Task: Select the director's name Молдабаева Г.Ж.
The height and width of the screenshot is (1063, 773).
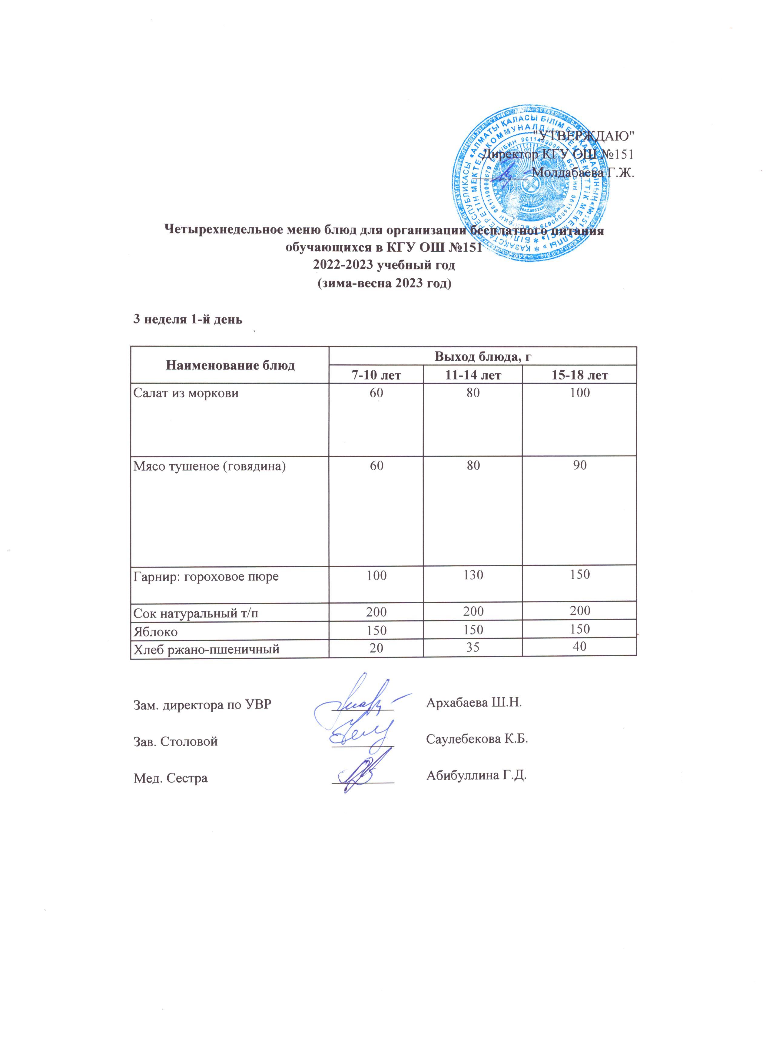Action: point(584,173)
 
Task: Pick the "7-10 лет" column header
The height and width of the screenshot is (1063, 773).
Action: point(376,375)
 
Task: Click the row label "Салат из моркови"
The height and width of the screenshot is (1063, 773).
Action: point(186,393)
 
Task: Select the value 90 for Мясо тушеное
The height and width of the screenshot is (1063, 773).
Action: point(580,465)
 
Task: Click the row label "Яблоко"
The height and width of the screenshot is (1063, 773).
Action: point(156,632)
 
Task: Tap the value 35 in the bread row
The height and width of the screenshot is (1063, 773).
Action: point(473,648)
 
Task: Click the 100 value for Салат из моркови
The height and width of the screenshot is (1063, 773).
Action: point(580,393)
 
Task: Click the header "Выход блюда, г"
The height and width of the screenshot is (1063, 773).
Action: point(482,356)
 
